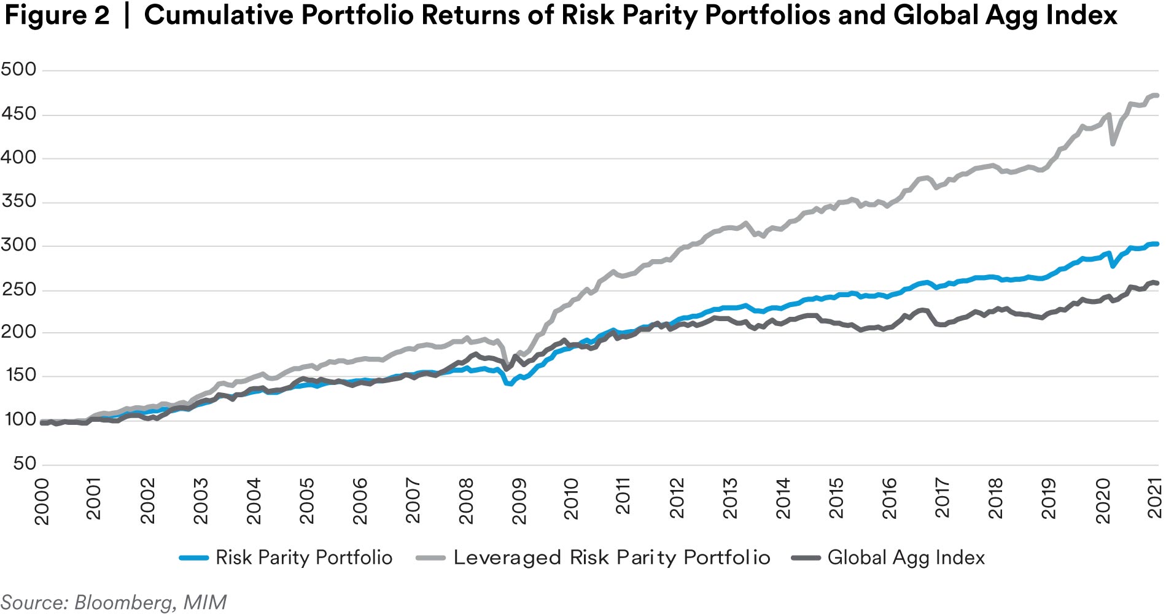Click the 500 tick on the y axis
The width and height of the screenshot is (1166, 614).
[18, 69]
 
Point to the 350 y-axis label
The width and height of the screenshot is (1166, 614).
[18, 201]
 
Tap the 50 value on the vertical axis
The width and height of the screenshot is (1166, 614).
[25, 464]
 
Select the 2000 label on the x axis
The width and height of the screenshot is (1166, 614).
[42, 502]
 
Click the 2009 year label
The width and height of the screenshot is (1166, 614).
[519, 502]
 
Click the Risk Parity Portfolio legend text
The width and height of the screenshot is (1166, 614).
[304, 558]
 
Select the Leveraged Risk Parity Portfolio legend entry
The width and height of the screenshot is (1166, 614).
[612, 558]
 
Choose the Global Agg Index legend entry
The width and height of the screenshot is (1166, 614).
[906, 558]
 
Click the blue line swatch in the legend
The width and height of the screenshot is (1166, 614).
[194, 558]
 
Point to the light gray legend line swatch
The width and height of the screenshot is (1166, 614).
[430, 558]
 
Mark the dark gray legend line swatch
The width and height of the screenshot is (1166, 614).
[806, 558]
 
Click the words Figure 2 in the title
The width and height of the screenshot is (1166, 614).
[56, 15]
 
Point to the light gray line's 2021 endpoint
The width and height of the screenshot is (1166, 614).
[1157, 95]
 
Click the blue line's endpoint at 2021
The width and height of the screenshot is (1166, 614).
[1157, 244]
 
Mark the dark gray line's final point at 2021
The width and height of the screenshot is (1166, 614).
[1157, 283]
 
